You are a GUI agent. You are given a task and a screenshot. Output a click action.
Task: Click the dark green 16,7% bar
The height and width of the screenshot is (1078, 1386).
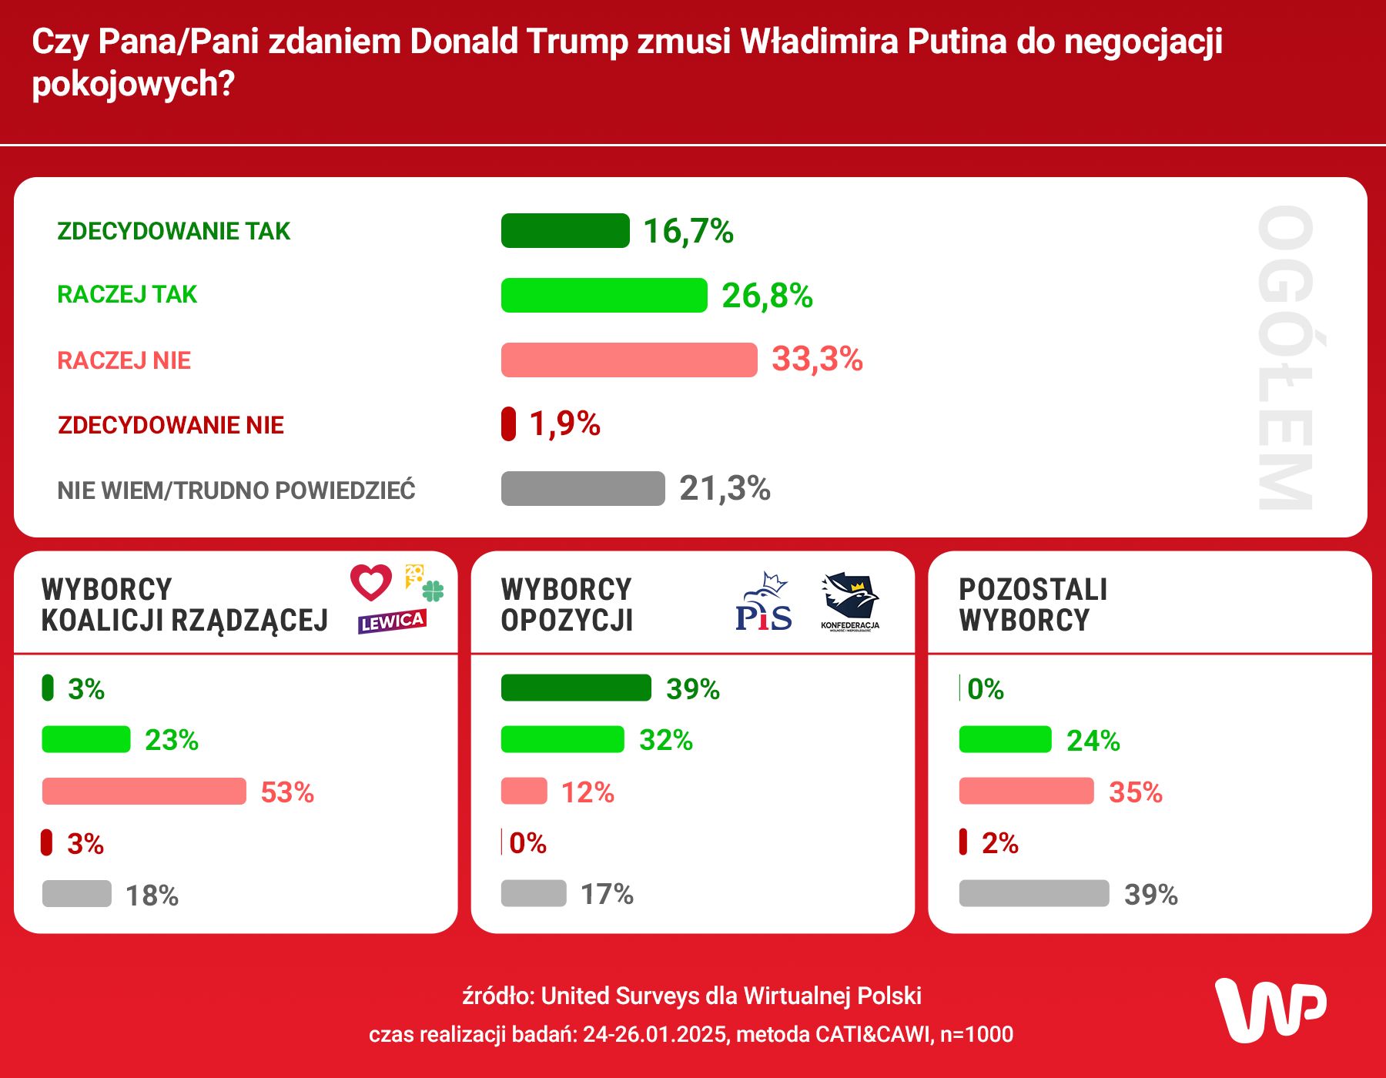[565, 231]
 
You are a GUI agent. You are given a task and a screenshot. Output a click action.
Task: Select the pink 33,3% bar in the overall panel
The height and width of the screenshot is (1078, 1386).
[629, 360]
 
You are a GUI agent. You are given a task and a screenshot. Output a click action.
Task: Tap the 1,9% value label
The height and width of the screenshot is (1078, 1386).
[564, 423]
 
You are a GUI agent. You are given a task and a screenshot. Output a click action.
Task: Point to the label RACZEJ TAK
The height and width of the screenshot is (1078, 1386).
[127, 294]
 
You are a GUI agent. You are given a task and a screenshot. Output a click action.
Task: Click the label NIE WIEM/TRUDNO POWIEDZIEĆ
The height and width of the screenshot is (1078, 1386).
[236, 490]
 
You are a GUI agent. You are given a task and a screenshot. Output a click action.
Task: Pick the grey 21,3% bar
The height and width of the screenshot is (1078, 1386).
[583, 488]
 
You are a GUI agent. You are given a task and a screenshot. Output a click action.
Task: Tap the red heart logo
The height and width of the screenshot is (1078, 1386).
[371, 582]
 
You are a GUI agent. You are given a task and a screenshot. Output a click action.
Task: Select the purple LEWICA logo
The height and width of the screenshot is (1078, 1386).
[392, 621]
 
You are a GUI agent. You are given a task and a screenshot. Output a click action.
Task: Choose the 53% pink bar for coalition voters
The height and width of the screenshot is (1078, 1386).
[144, 792]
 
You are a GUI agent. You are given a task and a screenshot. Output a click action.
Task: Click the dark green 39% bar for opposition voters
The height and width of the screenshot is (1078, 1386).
[576, 688]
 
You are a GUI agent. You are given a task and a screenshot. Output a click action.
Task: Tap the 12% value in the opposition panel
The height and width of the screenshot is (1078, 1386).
[588, 792]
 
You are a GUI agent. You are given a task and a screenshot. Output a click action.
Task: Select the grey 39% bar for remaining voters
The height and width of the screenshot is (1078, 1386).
[1034, 893]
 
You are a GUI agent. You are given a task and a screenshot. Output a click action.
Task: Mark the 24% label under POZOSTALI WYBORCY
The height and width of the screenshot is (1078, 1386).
[1093, 741]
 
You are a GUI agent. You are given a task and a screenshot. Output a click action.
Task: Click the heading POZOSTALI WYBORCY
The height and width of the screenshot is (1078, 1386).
[1032, 604]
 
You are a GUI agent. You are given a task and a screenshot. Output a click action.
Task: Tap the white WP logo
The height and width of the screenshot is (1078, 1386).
[1270, 1010]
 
